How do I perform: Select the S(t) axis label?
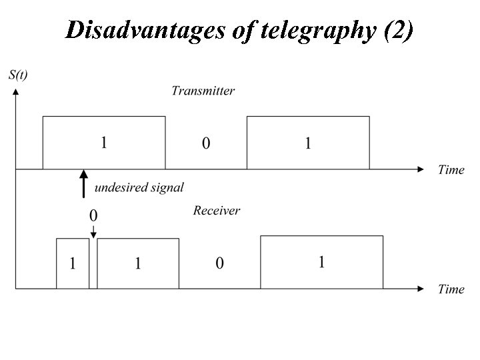18,75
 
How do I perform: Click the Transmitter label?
203,91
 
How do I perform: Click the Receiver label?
217,211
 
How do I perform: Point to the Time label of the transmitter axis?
451,169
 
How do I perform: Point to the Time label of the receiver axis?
451,289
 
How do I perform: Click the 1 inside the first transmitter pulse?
104,143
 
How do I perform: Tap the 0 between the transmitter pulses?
206,143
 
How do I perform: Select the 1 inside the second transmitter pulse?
307,143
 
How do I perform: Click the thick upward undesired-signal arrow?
83,184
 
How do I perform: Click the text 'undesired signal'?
139,188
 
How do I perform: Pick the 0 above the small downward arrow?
93,215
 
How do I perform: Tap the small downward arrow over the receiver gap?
93,231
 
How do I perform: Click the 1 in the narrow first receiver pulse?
73,263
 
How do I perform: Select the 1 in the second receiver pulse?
138,263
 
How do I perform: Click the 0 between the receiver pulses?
219,263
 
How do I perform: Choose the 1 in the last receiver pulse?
321,262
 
